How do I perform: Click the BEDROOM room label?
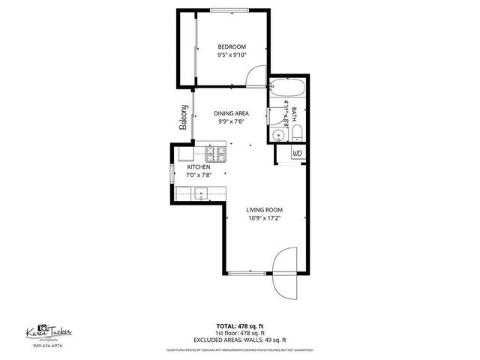pyautogui.click(x=232, y=46)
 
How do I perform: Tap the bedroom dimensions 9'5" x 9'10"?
pyautogui.click(x=232, y=55)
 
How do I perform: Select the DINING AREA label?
pyautogui.click(x=232, y=113)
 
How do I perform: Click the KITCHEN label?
pyautogui.click(x=199, y=166)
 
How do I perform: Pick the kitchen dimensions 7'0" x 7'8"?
pyautogui.click(x=199, y=175)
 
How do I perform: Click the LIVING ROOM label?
pyautogui.click(x=265, y=210)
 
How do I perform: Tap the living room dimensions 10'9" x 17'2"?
pyautogui.click(x=265, y=218)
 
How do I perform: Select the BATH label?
pyautogui.click(x=294, y=114)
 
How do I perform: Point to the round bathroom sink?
pyautogui.click(x=277, y=135)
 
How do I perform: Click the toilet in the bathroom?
pyautogui.click(x=296, y=135)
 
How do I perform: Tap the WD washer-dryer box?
pyautogui.click(x=295, y=153)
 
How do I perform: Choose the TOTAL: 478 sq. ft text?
pyautogui.click(x=240, y=326)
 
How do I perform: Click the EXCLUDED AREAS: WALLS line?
pyautogui.click(x=240, y=340)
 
